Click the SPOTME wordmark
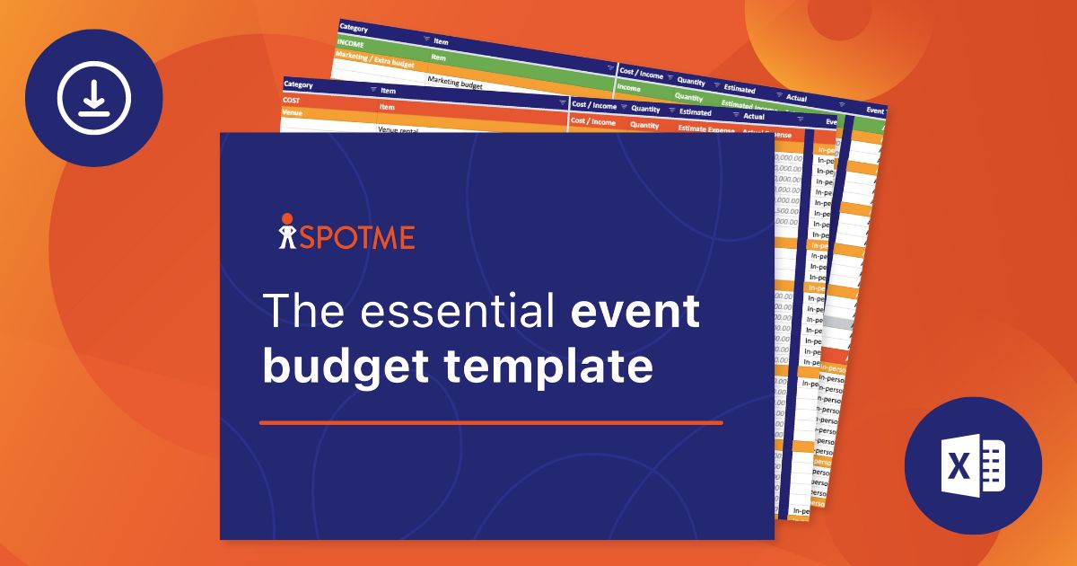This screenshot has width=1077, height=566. tap(356, 237)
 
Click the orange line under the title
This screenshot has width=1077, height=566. tap(491, 422)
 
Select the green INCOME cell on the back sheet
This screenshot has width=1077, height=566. tap(351, 43)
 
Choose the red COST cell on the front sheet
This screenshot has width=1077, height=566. tap(293, 101)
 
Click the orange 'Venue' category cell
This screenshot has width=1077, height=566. tap(293, 114)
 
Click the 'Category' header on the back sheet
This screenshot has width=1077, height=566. tap(354, 29)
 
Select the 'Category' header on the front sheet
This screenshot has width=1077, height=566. tap(298, 84)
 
